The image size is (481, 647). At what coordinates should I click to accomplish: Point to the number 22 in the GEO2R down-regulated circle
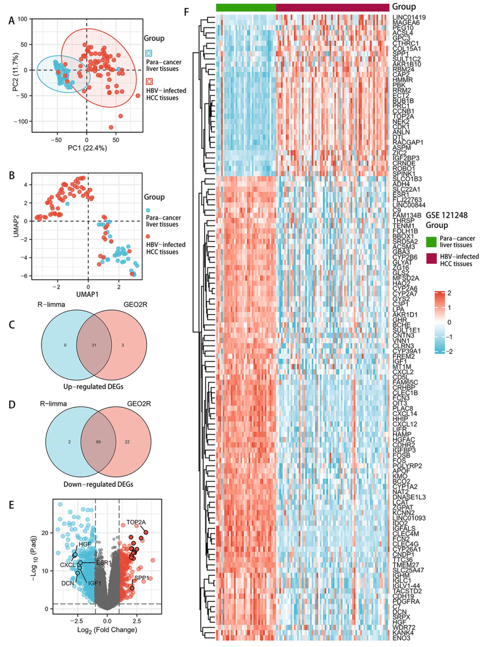click(x=127, y=442)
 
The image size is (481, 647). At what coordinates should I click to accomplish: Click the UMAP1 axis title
click(x=87, y=294)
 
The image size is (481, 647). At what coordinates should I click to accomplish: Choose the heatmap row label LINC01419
click(x=409, y=17)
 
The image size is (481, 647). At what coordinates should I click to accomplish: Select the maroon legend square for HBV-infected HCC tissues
click(x=431, y=259)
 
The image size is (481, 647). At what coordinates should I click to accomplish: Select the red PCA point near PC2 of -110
click(x=111, y=127)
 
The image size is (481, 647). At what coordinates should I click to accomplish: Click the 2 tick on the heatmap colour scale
click(x=449, y=293)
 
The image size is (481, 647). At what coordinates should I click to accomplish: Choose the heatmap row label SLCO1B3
click(x=407, y=179)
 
